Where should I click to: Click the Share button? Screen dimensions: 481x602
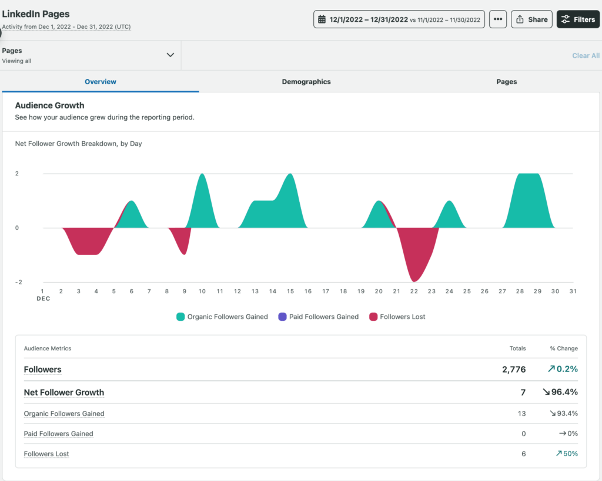pyautogui.click(x=531, y=19)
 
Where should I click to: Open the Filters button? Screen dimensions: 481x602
pyautogui.click(x=578, y=19)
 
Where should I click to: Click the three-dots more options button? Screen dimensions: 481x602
pyautogui.click(x=497, y=19)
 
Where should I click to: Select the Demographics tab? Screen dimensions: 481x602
pyautogui.click(x=306, y=82)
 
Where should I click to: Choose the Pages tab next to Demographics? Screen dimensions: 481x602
pyautogui.click(x=506, y=82)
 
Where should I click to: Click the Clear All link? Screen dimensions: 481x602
pyautogui.click(x=586, y=55)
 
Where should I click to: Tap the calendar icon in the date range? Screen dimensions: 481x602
pyautogui.click(x=322, y=19)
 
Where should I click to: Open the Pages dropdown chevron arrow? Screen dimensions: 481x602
pyautogui.click(x=170, y=55)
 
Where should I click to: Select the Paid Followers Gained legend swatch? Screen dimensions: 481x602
pyautogui.click(x=282, y=317)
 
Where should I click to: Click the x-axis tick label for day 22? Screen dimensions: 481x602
pyautogui.click(x=414, y=291)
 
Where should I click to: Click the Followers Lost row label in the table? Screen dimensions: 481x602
pyautogui.click(x=46, y=454)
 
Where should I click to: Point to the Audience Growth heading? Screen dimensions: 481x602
pyautogui.click(x=49, y=105)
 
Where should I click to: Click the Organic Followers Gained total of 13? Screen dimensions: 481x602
pyautogui.click(x=521, y=413)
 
